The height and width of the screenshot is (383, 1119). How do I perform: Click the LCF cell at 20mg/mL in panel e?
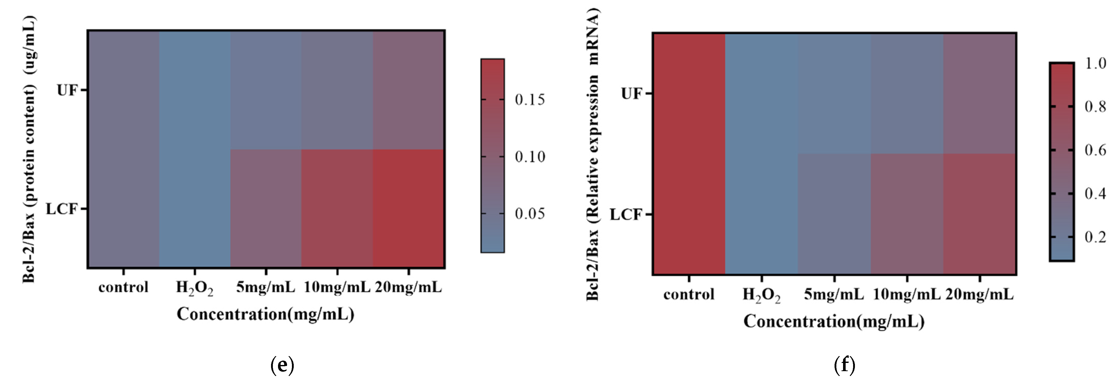[x=408, y=208]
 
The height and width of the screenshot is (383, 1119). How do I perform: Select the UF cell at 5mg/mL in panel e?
[x=266, y=90]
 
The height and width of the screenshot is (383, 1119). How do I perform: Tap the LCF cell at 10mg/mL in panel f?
[x=907, y=214]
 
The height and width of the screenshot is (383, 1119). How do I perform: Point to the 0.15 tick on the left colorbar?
[x=493, y=100]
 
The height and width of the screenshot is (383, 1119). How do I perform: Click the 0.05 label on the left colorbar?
[x=529, y=214]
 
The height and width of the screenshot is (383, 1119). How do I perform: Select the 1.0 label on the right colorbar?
[x=1095, y=64]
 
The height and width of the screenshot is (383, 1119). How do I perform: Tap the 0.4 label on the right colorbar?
[x=1095, y=193]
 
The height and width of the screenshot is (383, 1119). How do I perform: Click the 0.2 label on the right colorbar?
[x=1095, y=237]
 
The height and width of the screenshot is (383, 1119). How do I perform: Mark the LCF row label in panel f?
[x=626, y=214]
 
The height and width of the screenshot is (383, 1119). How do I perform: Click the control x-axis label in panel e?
[x=123, y=287]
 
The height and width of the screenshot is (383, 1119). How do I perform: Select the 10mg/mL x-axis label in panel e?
[x=337, y=287]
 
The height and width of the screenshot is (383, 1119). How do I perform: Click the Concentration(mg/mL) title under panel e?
[x=265, y=314]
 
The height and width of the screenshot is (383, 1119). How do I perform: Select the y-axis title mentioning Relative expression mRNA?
[x=593, y=154]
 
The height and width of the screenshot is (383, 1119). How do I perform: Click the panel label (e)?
[x=282, y=365]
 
